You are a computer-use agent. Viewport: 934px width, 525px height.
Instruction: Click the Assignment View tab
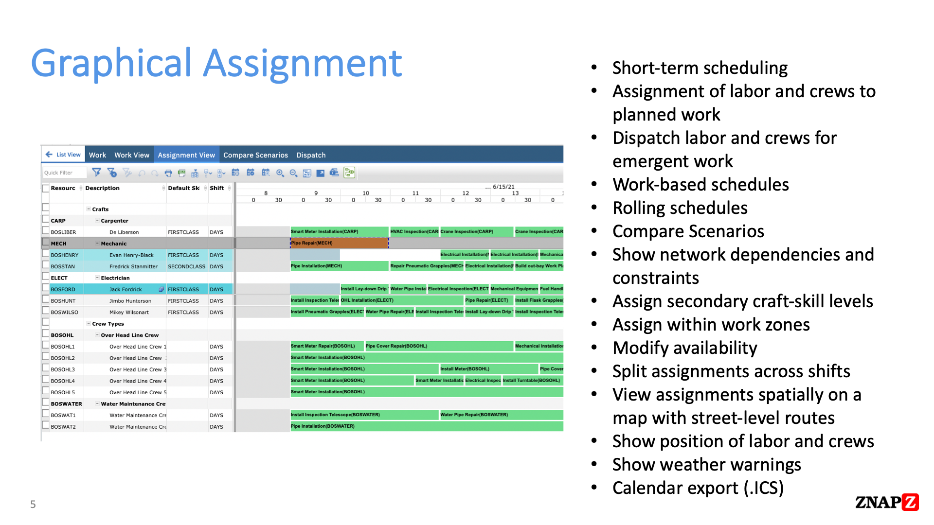point(186,155)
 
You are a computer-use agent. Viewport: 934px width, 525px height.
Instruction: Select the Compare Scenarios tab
point(255,155)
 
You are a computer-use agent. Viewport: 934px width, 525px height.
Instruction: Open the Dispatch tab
point(311,155)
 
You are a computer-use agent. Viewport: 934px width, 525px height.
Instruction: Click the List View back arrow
point(49,155)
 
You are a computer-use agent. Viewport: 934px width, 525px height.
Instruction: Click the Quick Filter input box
point(64,173)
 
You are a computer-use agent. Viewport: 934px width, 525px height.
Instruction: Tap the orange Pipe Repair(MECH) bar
point(339,243)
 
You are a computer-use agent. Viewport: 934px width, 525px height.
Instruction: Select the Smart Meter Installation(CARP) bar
point(339,232)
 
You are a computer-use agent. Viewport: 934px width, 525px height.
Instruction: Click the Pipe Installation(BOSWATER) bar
point(426,426)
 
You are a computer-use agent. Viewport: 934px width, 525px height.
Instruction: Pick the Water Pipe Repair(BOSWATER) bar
point(501,415)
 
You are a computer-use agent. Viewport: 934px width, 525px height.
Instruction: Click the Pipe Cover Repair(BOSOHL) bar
point(439,346)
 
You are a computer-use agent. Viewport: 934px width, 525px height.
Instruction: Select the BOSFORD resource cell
point(64,289)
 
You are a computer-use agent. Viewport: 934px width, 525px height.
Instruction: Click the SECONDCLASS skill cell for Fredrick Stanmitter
point(186,266)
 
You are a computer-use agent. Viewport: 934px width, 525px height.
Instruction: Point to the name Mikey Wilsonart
point(129,313)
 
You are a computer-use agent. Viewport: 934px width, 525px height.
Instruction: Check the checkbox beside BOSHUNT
point(46,300)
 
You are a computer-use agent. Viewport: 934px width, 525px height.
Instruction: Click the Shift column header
point(217,188)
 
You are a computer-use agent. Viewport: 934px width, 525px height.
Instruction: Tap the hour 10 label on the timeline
point(366,193)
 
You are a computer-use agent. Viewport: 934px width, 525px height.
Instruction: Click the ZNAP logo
point(886,502)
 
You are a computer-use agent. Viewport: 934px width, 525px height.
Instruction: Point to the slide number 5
point(33,504)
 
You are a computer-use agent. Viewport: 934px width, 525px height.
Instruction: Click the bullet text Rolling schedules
point(680,208)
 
